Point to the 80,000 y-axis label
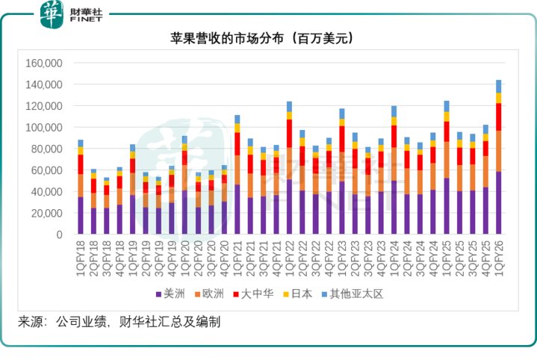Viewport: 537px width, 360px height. pos(46,149)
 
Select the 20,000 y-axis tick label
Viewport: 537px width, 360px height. pos(46,213)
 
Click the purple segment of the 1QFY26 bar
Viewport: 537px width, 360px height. pos(498,203)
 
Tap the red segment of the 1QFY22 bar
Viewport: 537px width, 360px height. pos(289,133)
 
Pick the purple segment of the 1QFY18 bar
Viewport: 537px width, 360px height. pos(80,216)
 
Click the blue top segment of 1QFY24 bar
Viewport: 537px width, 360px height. pos(394,111)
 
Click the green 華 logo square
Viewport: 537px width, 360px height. pos(52,14)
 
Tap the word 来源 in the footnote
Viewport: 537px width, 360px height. pos(31,323)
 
